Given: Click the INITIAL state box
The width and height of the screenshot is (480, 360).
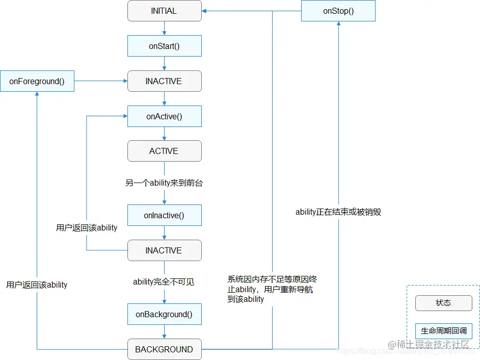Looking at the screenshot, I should coord(164,11).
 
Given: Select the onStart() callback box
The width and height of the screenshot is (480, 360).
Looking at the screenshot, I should coord(164,46).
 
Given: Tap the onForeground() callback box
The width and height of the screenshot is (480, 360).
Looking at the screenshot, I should coord(37,81).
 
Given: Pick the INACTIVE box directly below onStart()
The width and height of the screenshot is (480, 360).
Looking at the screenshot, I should coord(164,81).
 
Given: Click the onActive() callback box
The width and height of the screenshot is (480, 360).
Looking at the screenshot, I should coord(164,116).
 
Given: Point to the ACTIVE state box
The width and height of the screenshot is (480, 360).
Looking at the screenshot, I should coord(164,151).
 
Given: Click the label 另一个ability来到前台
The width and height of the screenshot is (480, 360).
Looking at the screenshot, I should coord(164,183).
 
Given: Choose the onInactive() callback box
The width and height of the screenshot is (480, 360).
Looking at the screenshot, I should coord(164,215).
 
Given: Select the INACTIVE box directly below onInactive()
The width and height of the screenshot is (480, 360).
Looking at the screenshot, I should coord(164,250).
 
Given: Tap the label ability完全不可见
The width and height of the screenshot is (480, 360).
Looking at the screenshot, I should coord(164,281).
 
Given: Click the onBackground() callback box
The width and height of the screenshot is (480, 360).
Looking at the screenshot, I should coord(164,314).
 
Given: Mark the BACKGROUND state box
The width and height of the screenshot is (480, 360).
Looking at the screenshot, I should coord(164,349).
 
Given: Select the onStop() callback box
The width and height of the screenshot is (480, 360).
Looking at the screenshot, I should coord(338,11).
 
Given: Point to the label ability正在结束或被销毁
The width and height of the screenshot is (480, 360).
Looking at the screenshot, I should coord(338,212).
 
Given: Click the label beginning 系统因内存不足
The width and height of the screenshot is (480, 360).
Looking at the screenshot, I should coord(273,289).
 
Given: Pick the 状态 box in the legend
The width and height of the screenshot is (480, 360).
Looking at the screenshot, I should coord(443,302).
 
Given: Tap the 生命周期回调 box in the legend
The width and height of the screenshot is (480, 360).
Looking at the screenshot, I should coord(443,331).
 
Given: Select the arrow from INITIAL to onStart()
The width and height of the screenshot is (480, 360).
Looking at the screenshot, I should coord(164,28).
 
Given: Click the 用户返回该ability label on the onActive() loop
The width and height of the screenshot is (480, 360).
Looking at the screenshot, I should coord(87,227).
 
